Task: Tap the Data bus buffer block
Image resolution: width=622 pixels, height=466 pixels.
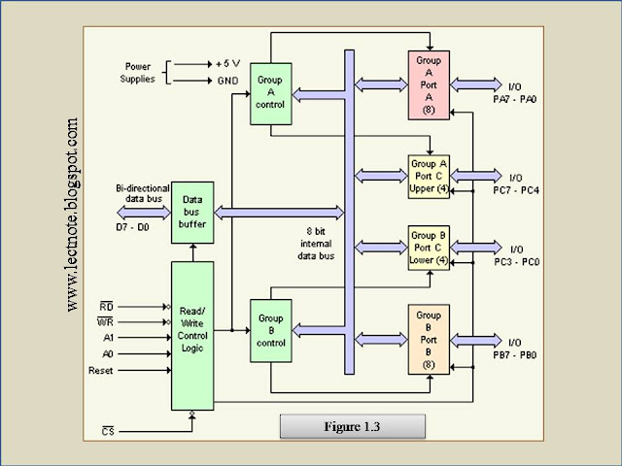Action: [x=192, y=212]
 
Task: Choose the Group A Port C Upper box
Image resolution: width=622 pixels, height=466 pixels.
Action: [x=429, y=177]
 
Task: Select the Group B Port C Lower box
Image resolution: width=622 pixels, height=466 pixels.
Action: [x=429, y=248]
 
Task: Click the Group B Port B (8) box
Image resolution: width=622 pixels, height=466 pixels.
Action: [x=429, y=339]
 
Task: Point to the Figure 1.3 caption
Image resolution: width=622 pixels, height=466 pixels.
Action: [x=352, y=426]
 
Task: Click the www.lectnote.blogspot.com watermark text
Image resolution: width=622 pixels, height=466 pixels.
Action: [x=73, y=216]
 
